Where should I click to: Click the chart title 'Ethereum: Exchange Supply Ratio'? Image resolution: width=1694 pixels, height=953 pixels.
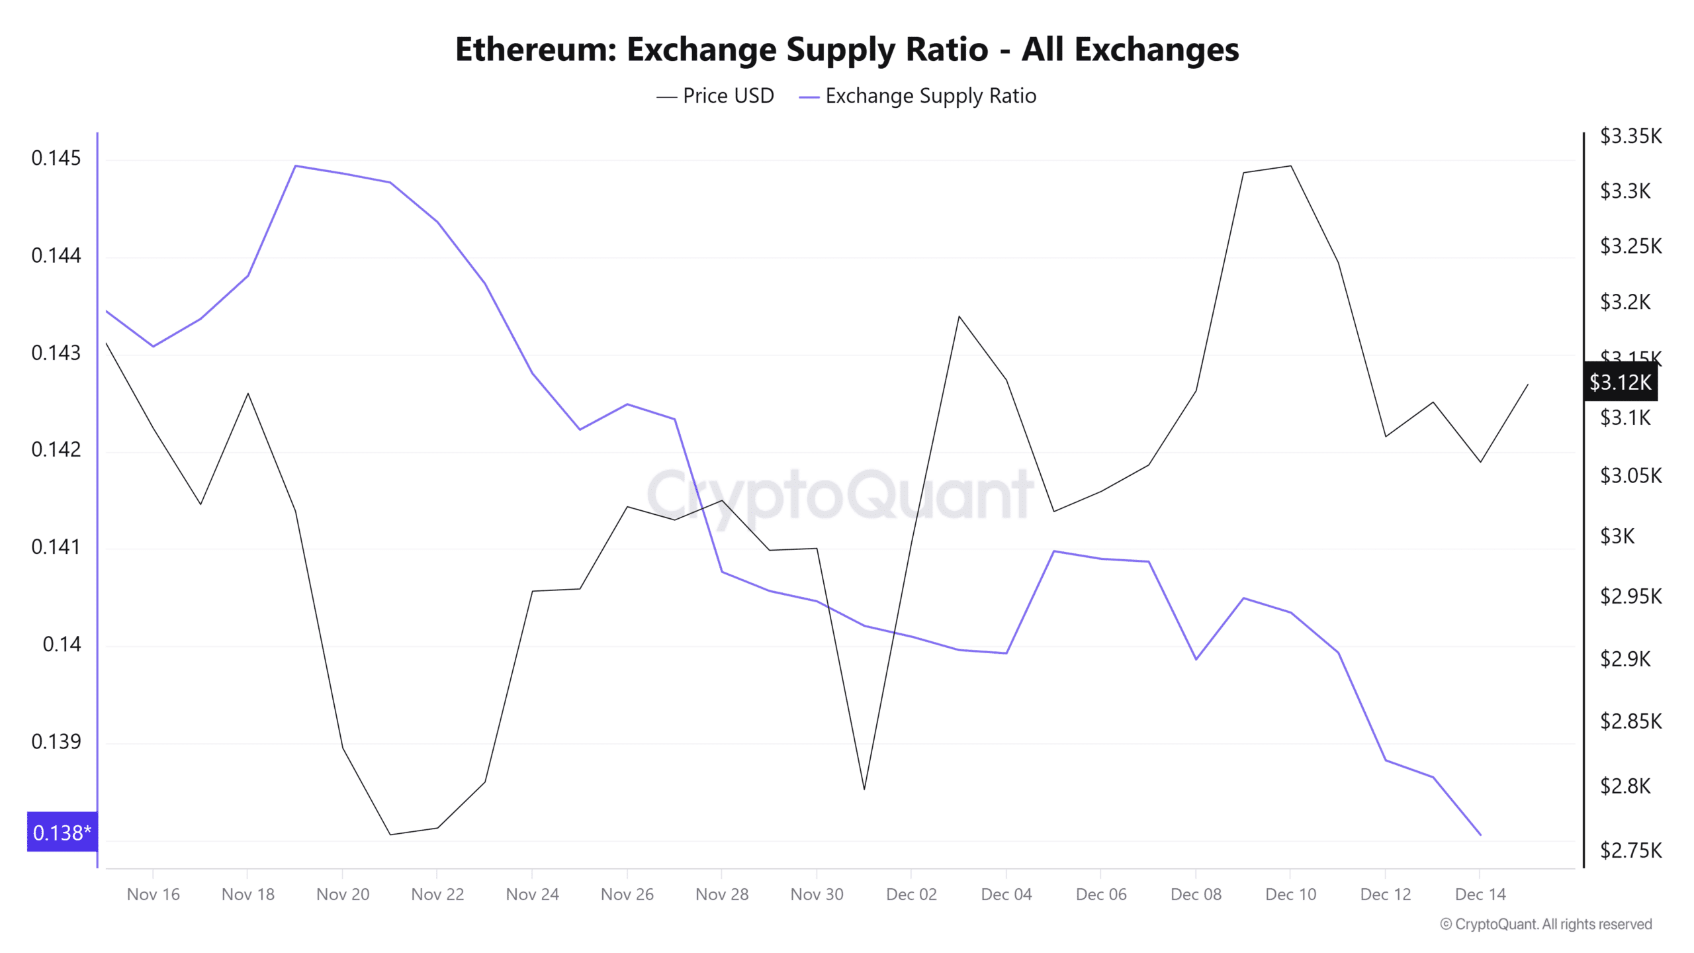pyautogui.click(x=847, y=50)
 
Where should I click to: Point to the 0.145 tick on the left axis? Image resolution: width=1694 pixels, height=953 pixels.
pyautogui.click(x=56, y=158)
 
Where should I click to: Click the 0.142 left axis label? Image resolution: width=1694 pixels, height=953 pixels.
pyautogui.click(x=56, y=449)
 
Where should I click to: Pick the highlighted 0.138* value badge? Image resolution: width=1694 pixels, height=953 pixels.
pyautogui.click(x=62, y=832)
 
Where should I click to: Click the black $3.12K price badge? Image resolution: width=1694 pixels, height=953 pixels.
pyautogui.click(x=1620, y=382)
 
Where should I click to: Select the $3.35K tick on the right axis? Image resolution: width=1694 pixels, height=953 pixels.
pyautogui.click(x=1630, y=136)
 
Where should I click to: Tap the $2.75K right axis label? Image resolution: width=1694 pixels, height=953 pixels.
pyautogui.click(x=1630, y=850)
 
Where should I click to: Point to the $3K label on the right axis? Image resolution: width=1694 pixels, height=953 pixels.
pyautogui.click(x=1617, y=536)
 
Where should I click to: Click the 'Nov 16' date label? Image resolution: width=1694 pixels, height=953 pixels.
pyautogui.click(x=153, y=894)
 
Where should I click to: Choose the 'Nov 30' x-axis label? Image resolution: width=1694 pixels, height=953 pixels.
pyautogui.click(x=817, y=894)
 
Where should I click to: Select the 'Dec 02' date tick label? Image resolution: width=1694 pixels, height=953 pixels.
pyautogui.click(x=911, y=894)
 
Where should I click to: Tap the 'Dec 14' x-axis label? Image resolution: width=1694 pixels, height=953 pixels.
pyautogui.click(x=1480, y=894)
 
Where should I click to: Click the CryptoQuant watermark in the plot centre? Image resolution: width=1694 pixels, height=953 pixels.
pyautogui.click(x=839, y=494)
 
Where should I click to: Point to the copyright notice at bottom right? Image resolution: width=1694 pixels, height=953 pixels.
pyautogui.click(x=1545, y=924)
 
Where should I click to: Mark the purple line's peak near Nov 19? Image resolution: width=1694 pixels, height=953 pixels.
pyautogui.click(x=295, y=165)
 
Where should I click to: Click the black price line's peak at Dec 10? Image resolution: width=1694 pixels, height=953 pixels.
pyautogui.click(x=1290, y=166)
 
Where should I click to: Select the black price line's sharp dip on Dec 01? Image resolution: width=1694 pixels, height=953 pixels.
pyautogui.click(x=864, y=789)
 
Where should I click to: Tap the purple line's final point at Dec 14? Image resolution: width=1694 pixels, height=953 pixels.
pyautogui.click(x=1480, y=835)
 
